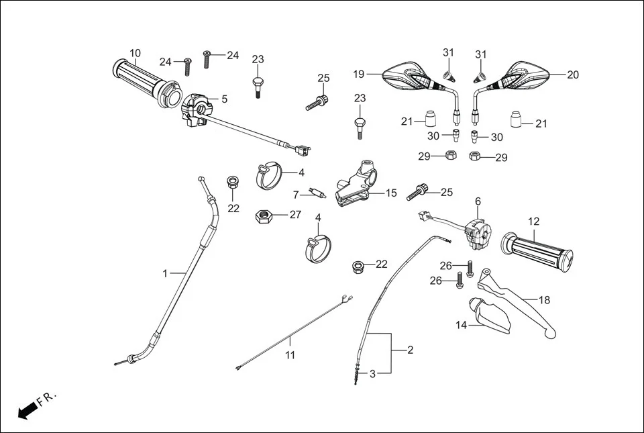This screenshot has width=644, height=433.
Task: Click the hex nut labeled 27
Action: tap(262, 217)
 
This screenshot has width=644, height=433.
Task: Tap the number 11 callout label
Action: tap(290, 356)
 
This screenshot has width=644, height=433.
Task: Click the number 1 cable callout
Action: tap(165, 273)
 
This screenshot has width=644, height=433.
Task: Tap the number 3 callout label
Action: tap(373, 374)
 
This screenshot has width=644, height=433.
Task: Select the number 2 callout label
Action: tap(411, 350)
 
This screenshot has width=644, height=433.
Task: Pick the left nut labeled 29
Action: tap(451, 156)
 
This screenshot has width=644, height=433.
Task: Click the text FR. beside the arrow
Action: tap(48, 399)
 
